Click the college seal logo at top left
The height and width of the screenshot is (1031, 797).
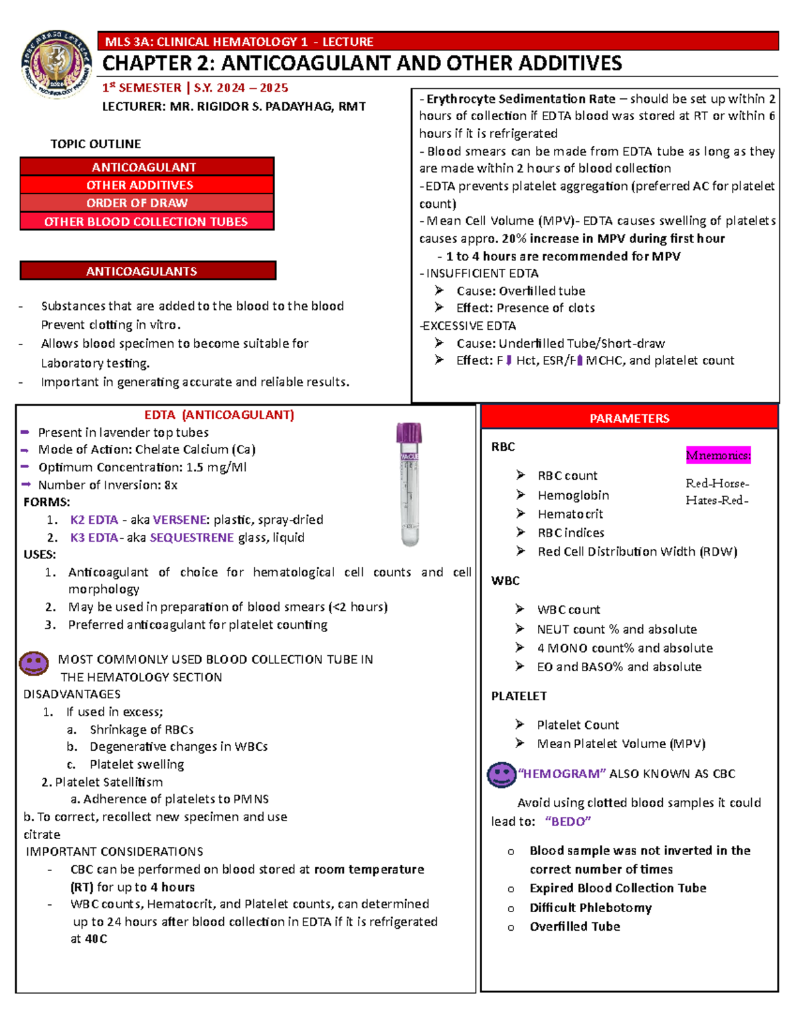pyautogui.click(x=56, y=64)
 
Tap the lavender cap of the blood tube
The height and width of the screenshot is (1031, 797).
pyautogui.click(x=409, y=433)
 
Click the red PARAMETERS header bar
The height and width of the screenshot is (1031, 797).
pyautogui.click(x=629, y=418)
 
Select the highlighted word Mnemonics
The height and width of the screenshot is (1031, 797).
pyautogui.click(x=718, y=455)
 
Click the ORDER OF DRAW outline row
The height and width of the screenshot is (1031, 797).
pyautogui.click(x=147, y=203)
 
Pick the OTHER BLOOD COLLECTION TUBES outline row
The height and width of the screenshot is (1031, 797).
pyautogui.click(x=147, y=222)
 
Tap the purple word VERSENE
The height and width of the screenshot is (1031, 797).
pyautogui.click(x=179, y=520)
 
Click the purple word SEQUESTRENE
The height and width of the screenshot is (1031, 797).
pyautogui.click(x=191, y=538)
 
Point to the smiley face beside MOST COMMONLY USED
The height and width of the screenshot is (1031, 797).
pyautogui.click(x=34, y=663)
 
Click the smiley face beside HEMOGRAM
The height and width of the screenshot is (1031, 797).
pyautogui.click(x=501, y=774)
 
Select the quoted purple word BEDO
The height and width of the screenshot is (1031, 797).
pyautogui.click(x=568, y=822)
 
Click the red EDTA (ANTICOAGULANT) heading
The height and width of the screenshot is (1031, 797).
pyautogui.click(x=219, y=415)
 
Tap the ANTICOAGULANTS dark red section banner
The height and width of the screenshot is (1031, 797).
pyautogui.click(x=148, y=271)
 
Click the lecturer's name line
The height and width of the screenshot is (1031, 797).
pyautogui.click(x=234, y=106)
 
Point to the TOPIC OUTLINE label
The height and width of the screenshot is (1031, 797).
pyautogui.click(x=96, y=144)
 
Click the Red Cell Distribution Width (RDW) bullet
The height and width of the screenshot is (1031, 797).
pyautogui.click(x=637, y=552)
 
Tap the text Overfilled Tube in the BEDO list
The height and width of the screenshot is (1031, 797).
pyautogui.click(x=575, y=927)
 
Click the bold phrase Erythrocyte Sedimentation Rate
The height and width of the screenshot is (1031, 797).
pyautogui.click(x=521, y=99)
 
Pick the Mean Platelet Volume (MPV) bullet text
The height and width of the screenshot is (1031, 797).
pyautogui.click(x=621, y=744)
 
